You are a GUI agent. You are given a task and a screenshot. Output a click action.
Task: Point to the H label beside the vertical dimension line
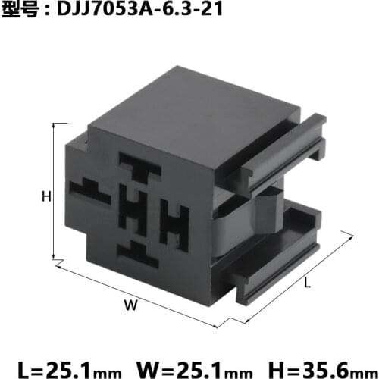45,196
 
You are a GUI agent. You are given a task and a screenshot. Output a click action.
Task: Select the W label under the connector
130,305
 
